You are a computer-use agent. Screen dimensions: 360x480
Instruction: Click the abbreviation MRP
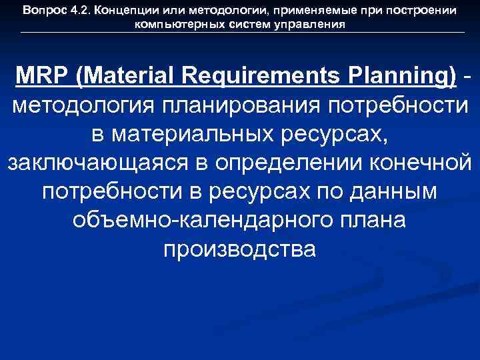pyautogui.click(x=45, y=76)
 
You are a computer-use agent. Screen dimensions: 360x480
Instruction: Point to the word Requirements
pyautogui.click(x=238, y=76)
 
